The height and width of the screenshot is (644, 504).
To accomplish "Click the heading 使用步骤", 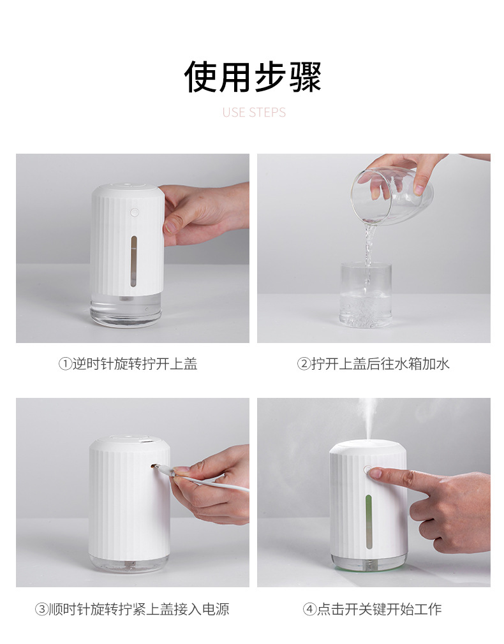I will click(253, 78).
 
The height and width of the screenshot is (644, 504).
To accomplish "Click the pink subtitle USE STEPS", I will click(254, 113).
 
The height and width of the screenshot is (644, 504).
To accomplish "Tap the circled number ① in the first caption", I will click(64, 364).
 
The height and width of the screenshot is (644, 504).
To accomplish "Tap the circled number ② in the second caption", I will click(304, 364).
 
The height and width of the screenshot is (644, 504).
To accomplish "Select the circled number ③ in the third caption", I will click(41, 610).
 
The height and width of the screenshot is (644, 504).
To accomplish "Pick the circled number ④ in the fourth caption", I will click(309, 610).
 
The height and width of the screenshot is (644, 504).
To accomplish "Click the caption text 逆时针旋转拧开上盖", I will click(135, 364).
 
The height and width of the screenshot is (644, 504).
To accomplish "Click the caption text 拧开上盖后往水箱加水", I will click(380, 364).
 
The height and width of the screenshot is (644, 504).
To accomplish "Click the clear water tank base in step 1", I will click(126, 310).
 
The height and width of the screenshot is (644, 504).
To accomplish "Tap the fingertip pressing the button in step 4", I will click(374, 473).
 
